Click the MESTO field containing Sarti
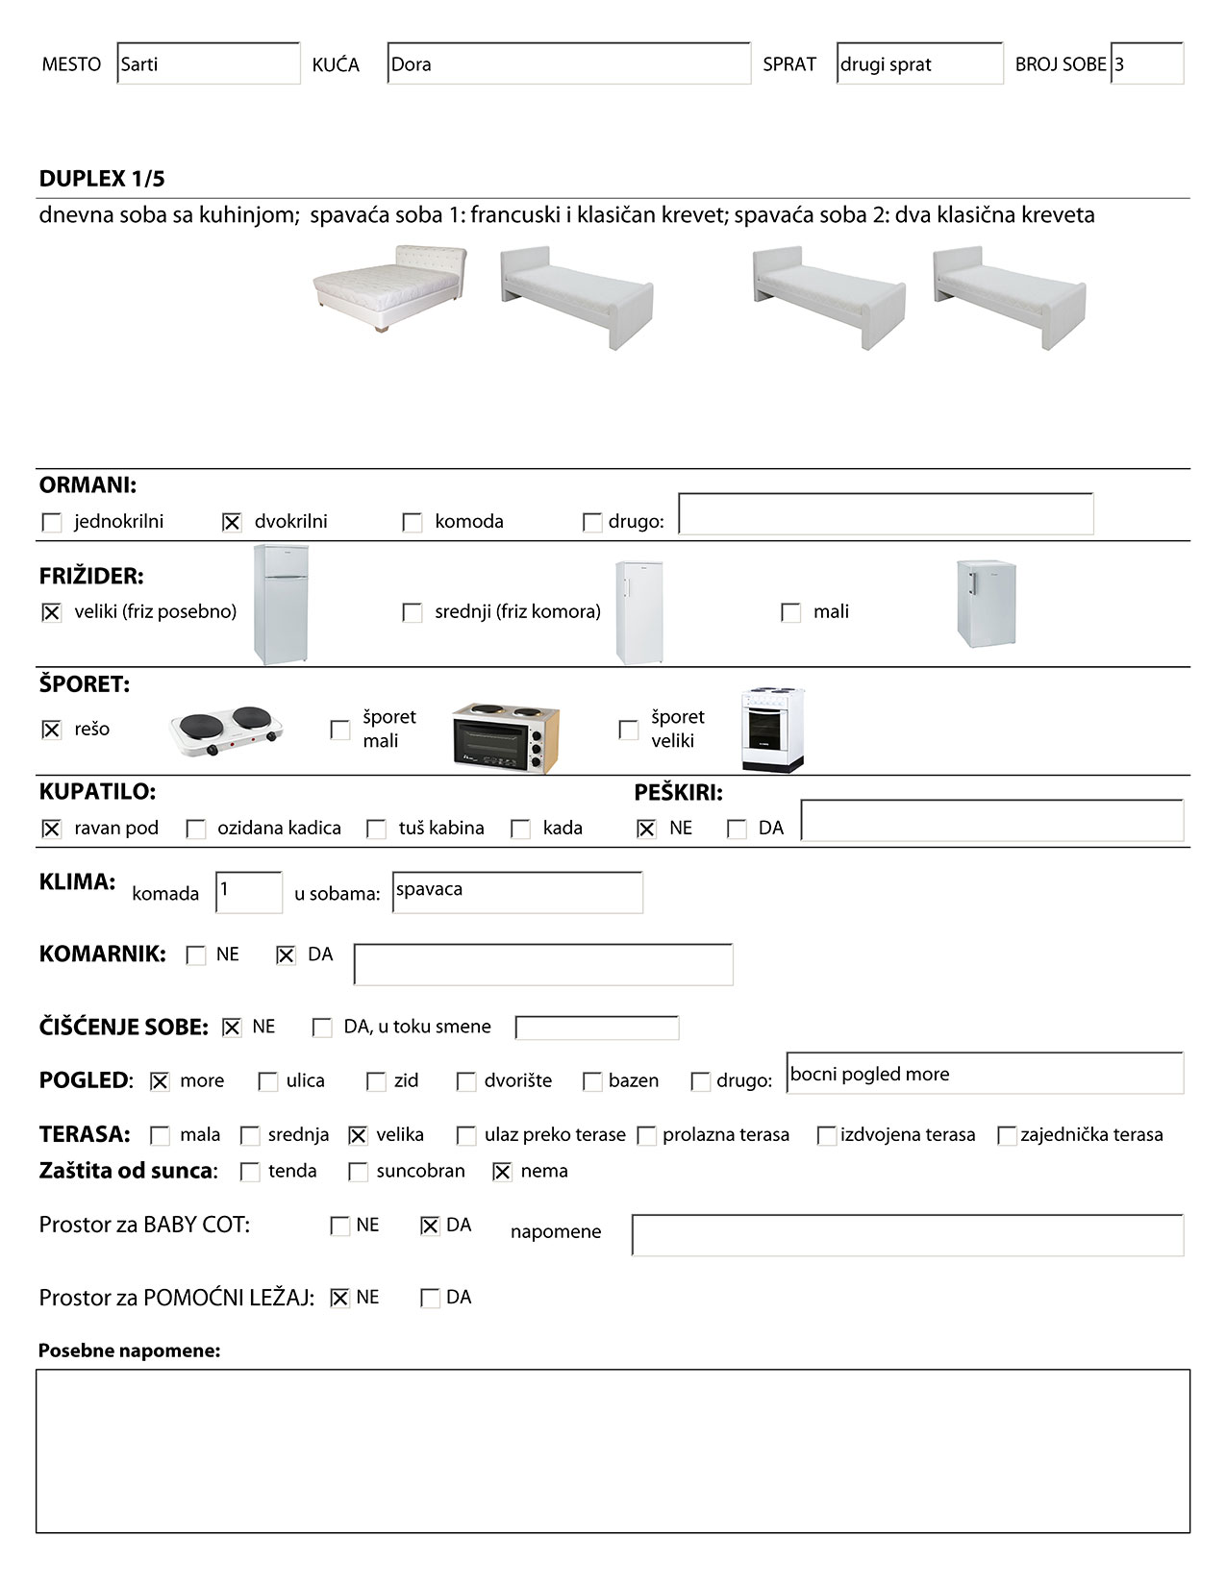[x=208, y=64]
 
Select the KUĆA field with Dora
[x=568, y=64]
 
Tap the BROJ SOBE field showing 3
[x=1146, y=64]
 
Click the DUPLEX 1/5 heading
[x=102, y=179]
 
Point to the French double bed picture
[x=389, y=287]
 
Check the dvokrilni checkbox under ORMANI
[x=232, y=522]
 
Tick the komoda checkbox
[x=413, y=522]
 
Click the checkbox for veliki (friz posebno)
[x=52, y=612]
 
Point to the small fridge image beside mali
[x=986, y=604]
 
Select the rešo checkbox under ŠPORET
[x=52, y=730]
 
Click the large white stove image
[x=772, y=730]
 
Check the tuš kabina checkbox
[x=377, y=829]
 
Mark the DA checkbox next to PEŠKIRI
[x=737, y=829]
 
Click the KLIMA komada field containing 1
[x=249, y=892]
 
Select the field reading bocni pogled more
[x=985, y=1074]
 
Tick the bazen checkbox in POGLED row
[x=592, y=1081]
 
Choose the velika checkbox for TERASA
[x=358, y=1135]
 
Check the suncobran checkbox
[x=358, y=1172]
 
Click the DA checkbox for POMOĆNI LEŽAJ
[x=430, y=1298]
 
